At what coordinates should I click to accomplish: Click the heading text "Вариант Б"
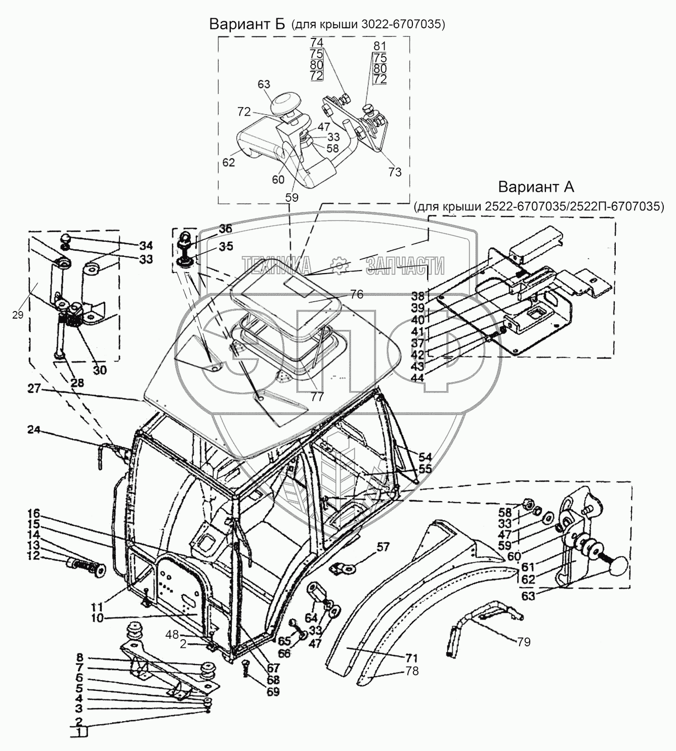point(248,24)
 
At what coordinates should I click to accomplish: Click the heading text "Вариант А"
point(536,187)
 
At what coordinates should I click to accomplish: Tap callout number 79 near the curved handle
point(524,642)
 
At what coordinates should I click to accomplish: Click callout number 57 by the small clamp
point(384,547)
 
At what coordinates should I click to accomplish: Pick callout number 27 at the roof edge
point(34,389)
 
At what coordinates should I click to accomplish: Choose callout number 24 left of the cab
point(34,430)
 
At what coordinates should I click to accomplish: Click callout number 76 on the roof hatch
point(357,294)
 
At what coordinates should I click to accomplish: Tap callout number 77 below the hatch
point(317,396)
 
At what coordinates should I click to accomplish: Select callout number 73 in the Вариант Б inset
point(395,172)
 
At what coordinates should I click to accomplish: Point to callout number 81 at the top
point(379,46)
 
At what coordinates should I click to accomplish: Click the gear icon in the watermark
point(337,265)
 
